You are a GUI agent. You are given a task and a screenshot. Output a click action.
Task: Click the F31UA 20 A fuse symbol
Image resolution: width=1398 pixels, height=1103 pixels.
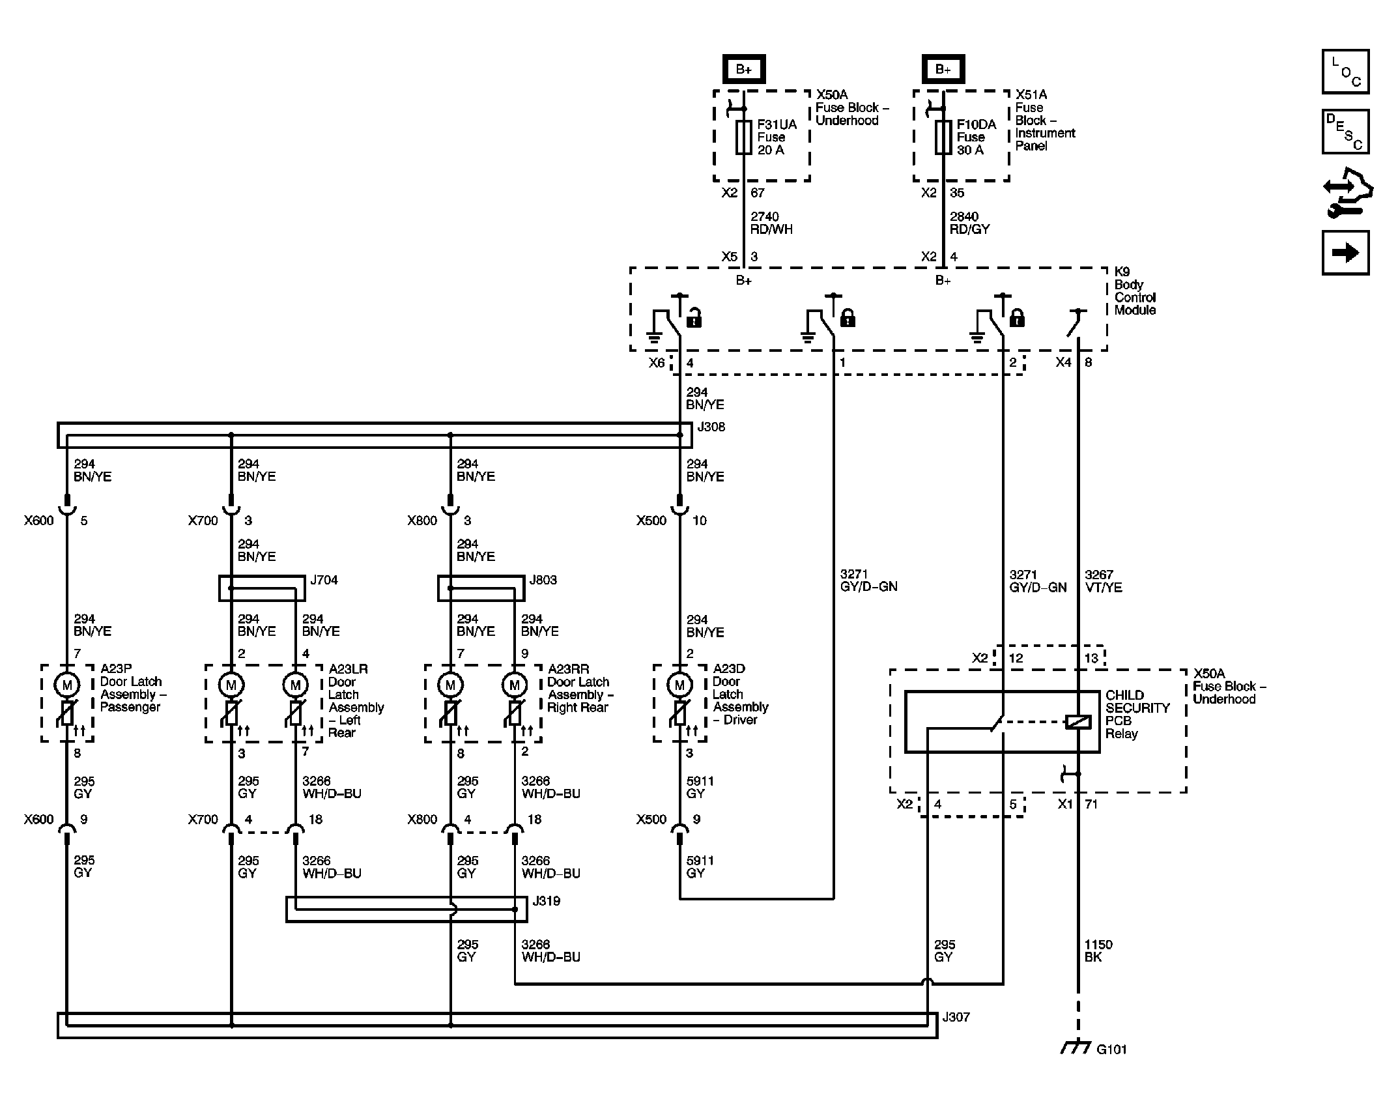(744, 137)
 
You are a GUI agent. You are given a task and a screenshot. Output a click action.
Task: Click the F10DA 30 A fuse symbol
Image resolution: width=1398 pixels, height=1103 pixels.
(943, 137)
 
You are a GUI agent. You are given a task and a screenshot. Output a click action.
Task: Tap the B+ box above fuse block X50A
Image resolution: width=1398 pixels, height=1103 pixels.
(744, 69)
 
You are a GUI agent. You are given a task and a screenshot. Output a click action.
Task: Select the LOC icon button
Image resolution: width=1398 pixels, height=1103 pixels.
(1346, 72)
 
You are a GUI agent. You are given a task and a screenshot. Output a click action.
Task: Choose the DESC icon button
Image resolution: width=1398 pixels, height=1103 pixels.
(1346, 132)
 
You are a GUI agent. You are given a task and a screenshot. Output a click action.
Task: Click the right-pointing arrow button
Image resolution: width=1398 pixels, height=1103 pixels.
(1346, 252)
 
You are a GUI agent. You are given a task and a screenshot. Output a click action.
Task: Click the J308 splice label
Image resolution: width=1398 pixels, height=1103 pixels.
(711, 427)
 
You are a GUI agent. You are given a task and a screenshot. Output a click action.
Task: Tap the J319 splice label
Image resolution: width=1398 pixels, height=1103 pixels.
(547, 901)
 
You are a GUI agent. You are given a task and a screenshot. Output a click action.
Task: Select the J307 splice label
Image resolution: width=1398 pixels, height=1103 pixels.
(956, 1017)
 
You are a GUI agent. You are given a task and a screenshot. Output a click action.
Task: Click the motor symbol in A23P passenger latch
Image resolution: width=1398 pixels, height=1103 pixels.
(66, 685)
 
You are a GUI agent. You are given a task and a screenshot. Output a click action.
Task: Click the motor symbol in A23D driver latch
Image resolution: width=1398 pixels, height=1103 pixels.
(679, 685)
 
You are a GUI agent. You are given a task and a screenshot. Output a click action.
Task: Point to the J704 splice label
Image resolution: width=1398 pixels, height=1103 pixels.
(324, 580)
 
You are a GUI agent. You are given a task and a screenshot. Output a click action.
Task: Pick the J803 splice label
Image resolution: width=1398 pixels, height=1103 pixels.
(543, 580)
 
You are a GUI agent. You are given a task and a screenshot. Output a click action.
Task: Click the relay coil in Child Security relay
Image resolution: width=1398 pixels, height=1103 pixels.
(1078, 722)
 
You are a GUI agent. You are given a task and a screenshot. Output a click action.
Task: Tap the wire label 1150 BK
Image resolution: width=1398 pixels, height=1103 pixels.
(1098, 951)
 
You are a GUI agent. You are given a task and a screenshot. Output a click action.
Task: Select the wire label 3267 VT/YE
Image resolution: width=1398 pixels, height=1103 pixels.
(1104, 581)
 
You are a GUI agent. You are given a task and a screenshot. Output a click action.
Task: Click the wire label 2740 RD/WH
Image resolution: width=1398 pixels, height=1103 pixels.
(771, 223)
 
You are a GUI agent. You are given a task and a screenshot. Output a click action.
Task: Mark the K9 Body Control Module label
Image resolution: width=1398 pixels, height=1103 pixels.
(1135, 291)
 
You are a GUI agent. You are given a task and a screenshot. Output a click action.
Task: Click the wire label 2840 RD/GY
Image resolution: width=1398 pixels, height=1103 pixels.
(970, 223)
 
